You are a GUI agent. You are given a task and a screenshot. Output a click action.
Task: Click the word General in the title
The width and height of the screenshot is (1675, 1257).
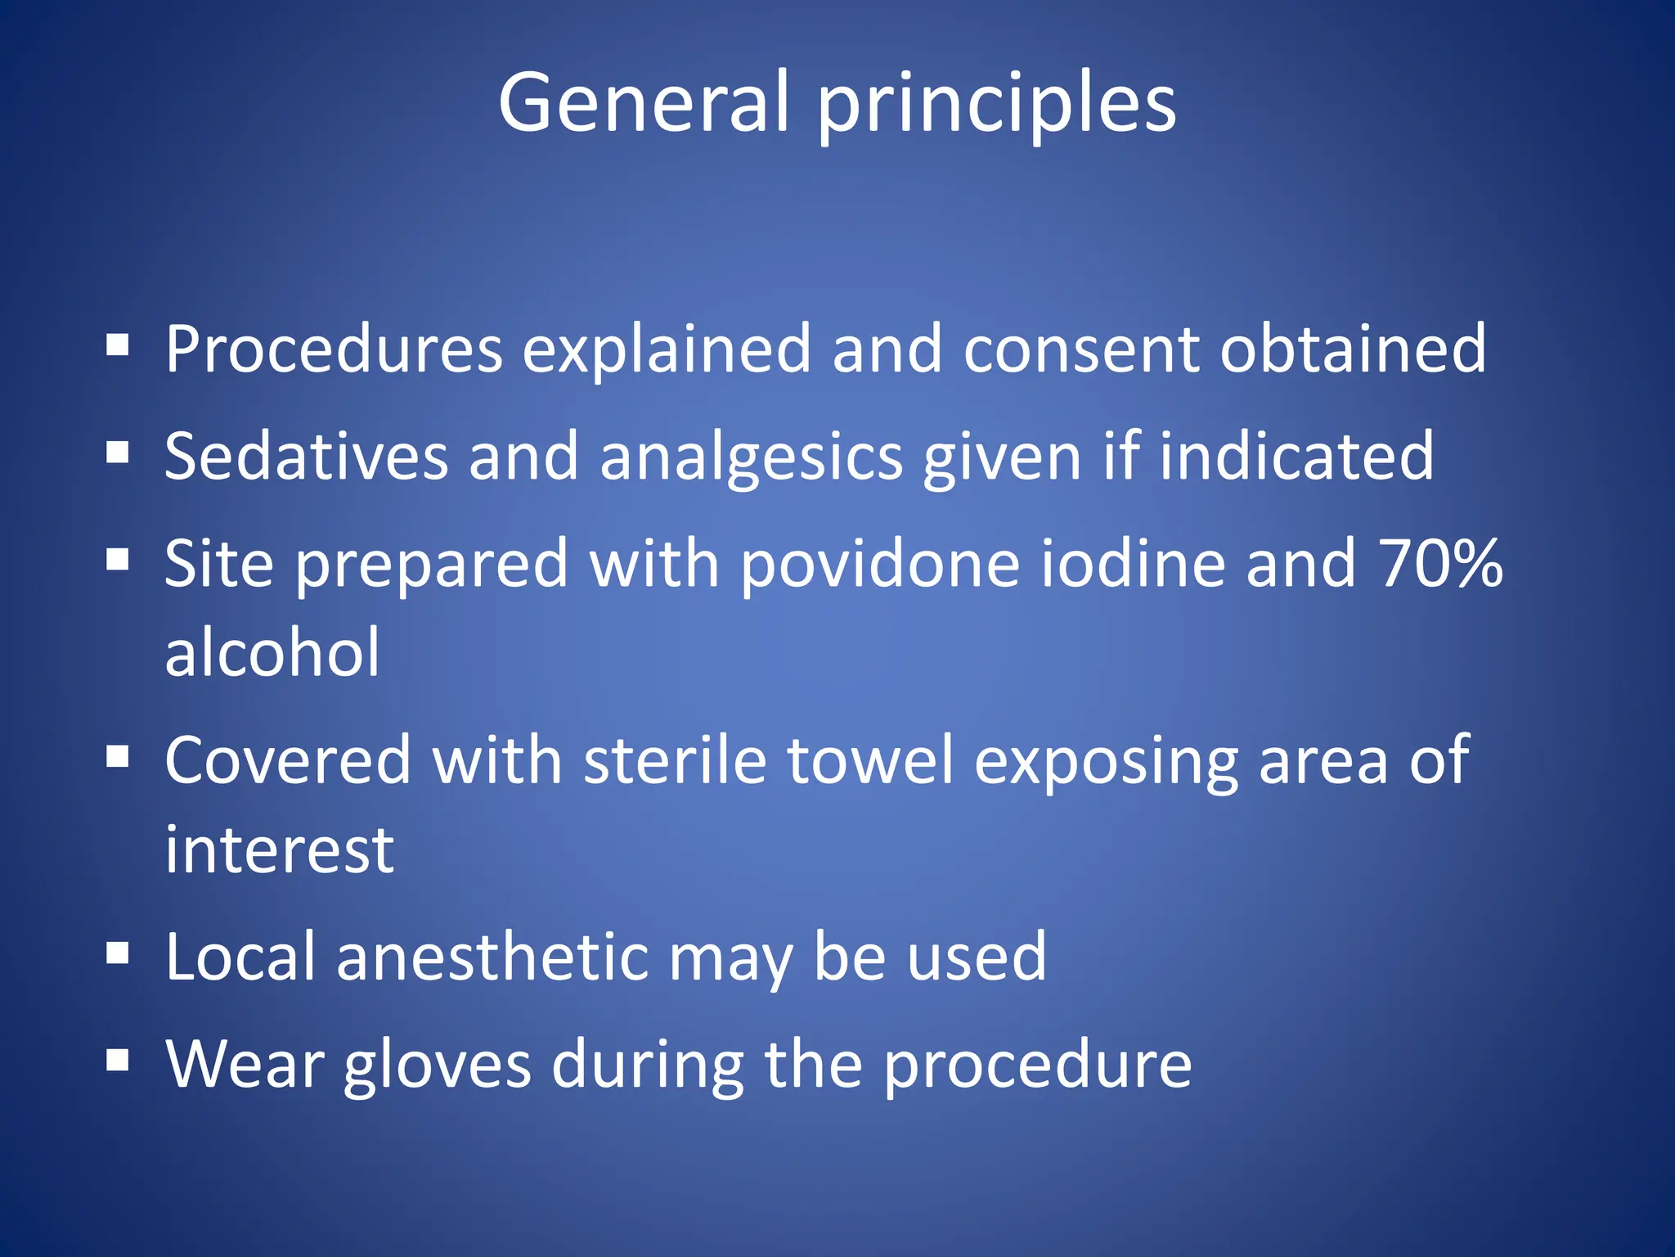[x=644, y=102]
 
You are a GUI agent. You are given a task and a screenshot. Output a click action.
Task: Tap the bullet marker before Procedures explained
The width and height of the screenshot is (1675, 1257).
[x=118, y=345]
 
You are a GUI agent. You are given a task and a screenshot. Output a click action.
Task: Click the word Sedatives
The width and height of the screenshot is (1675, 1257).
[x=306, y=456]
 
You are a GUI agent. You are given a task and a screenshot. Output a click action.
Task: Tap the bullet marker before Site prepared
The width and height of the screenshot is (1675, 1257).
[x=118, y=560]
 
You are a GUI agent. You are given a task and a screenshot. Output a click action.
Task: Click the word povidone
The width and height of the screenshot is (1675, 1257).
[x=880, y=565]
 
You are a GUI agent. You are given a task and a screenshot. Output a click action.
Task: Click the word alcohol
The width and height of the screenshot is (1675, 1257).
[x=272, y=652]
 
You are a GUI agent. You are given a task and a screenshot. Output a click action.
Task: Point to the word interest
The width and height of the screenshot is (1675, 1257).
[x=279, y=850]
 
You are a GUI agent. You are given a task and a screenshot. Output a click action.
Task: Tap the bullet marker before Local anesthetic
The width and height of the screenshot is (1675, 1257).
[x=118, y=953]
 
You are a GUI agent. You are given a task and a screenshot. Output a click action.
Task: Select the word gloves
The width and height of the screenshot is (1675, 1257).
[x=437, y=1066]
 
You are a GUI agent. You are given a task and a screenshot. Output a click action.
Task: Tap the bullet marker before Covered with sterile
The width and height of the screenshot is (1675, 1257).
[x=118, y=757]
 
